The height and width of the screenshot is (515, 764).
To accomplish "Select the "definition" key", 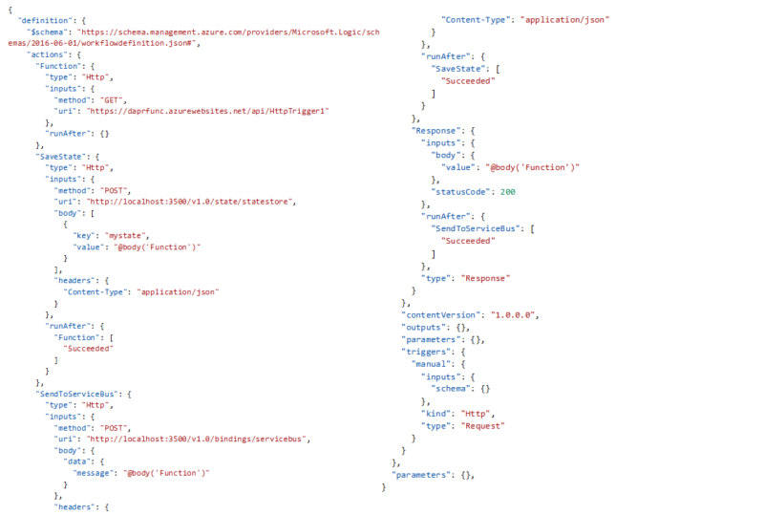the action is tap(45, 20).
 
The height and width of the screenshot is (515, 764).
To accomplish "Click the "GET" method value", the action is tap(112, 100).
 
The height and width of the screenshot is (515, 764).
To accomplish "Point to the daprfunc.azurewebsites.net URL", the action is tap(208, 111).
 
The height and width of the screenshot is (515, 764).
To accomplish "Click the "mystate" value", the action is tap(127, 236).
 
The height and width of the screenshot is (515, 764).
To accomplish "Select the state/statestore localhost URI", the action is tap(190, 202).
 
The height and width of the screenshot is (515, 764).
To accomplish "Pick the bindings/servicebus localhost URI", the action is tap(198, 439).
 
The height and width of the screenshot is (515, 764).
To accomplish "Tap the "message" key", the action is tap(93, 473).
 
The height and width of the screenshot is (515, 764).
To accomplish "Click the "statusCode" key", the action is tap(460, 192).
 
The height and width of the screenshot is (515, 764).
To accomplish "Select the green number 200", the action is tap(508, 192).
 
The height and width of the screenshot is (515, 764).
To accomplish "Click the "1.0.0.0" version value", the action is tap(513, 315).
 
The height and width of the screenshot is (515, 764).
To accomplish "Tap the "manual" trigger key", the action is tap(432, 364).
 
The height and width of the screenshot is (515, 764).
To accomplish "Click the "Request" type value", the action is tap(483, 426).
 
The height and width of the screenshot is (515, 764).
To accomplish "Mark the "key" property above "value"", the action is tap(83, 236).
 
